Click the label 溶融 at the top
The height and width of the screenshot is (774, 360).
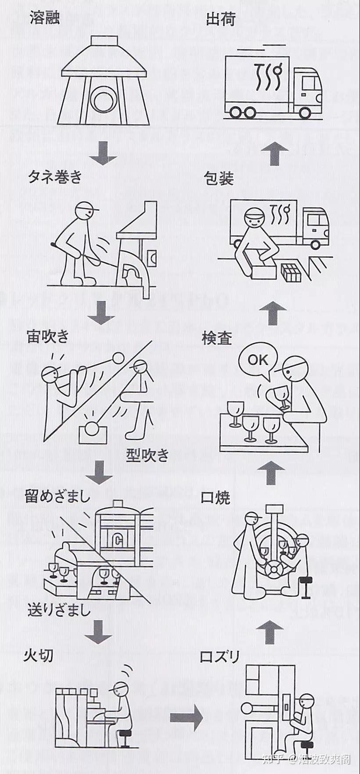click(x=44, y=18)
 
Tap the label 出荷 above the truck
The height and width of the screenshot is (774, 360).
click(x=220, y=19)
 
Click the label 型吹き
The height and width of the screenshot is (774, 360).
click(x=148, y=455)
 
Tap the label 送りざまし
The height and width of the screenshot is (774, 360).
click(x=59, y=609)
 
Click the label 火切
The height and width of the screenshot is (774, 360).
click(x=39, y=655)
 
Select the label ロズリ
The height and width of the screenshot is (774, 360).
click(x=220, y=657)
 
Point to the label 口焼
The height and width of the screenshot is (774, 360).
click(x=215, y=498)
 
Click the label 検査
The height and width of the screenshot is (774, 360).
click(x=216, y=338)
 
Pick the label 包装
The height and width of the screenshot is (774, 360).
click(x=218, y=179)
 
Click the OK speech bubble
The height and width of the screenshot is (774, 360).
click(x=258, y=360)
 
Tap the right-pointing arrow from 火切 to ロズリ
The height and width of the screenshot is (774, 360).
click(x=187, y=718)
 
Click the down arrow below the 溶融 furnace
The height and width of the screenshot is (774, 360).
click(x=104, y=153)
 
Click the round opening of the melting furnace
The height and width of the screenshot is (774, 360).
click(x=104, y=100)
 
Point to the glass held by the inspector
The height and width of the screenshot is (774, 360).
click(x=280, y=395)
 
